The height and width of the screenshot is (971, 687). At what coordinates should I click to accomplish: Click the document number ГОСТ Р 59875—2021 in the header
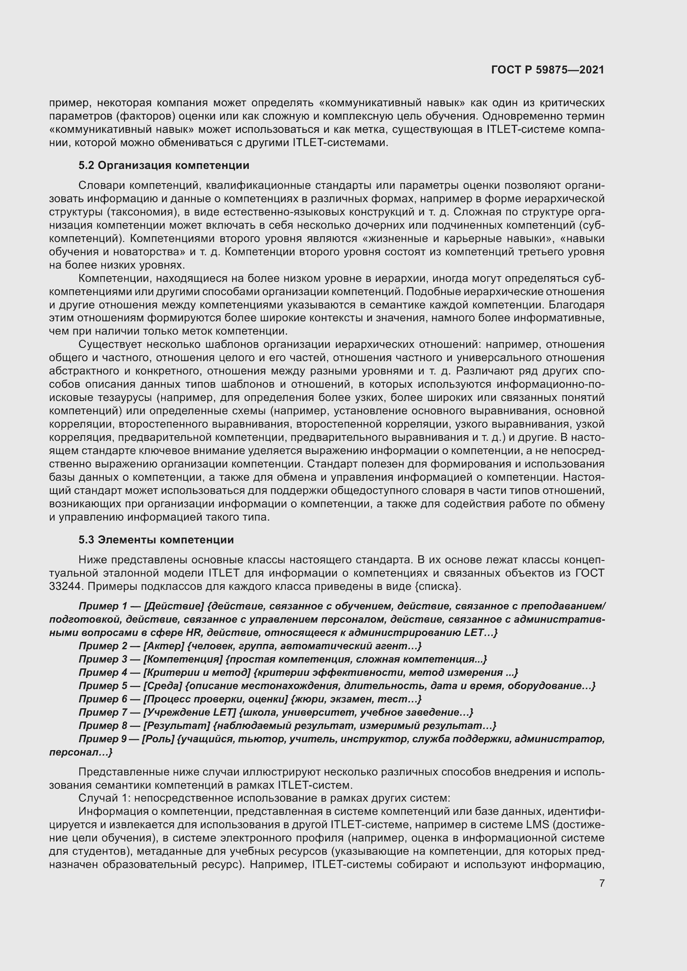547,70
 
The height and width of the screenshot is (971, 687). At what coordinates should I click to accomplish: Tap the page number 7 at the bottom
601,883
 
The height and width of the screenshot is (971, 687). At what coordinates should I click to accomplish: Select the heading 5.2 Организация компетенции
164,165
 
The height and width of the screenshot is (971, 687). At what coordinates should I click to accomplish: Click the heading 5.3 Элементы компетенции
156,540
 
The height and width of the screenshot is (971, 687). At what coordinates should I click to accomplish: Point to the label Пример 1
103,607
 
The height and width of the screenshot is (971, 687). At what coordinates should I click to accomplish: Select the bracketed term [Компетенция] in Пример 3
183,659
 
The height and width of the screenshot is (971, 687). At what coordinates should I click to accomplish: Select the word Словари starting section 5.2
102,185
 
